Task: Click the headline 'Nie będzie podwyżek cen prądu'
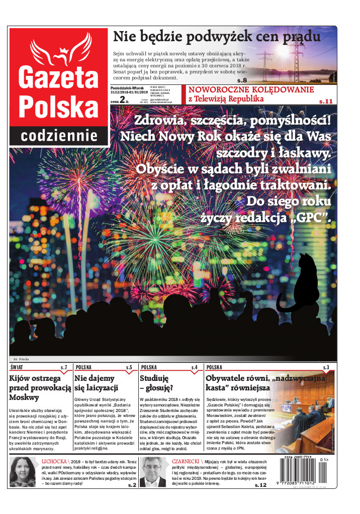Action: pyautogui.click(x=216, y=37)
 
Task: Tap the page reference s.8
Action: pyautogui.click(x=242, y=80)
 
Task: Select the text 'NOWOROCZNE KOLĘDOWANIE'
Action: pyautogui.click(x=251, y=89)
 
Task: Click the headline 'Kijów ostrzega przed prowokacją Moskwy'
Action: pyautogui.click(x=38, y=387)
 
